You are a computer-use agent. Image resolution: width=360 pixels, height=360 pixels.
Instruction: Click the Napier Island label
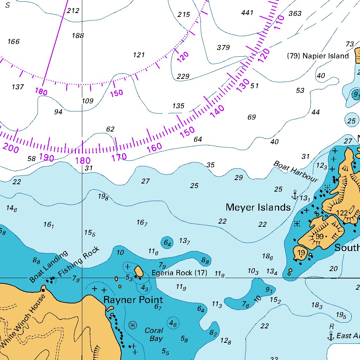tap(318, 56)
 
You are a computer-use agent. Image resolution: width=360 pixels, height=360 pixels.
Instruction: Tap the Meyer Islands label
tap(258, 207)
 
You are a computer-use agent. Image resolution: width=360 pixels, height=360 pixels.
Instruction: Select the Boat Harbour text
tap(295, 172)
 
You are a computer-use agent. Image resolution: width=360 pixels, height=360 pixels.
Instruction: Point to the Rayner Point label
tap(133, 300)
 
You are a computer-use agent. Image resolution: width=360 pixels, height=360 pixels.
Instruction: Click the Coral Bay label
tap(154, 335)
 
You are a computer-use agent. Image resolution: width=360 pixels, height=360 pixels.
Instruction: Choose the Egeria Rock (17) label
tap(179, 273)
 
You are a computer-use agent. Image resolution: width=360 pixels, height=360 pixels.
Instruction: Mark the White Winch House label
tap(23, 320)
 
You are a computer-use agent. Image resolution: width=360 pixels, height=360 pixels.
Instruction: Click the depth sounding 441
tap(247, 13)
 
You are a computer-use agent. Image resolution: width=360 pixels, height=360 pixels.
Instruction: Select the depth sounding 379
tap(223, 47)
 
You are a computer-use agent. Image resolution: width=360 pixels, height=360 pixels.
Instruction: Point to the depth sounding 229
tap(183, 76)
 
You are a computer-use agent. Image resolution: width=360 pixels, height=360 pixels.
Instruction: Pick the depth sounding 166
tap(13, 42)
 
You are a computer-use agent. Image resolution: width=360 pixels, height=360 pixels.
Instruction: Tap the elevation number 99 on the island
tap(319, 237)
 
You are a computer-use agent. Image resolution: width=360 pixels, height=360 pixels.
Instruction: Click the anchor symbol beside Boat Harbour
tap(295, 194)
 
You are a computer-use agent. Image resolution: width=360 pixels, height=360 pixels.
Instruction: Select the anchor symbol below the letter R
tap(330, 336)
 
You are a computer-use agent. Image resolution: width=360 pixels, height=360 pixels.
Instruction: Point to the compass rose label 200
tap(11, 148)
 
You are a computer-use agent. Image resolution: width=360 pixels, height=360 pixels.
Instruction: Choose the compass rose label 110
tap(279, 22)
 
